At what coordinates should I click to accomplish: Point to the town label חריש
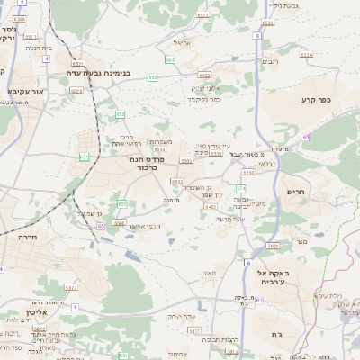click(x=296, y=191)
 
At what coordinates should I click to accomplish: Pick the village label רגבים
click(x=269, y=62)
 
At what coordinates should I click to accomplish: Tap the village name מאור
click(x=211, y=272)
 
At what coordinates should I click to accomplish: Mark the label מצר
click(x=301, y=240)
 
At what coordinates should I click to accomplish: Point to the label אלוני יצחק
click(x=205, y=87)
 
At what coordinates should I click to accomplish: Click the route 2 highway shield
click(x=21, y=4)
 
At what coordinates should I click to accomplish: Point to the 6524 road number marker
click(x=306, y=55)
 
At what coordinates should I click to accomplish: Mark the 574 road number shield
click(x=240, y=187)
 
